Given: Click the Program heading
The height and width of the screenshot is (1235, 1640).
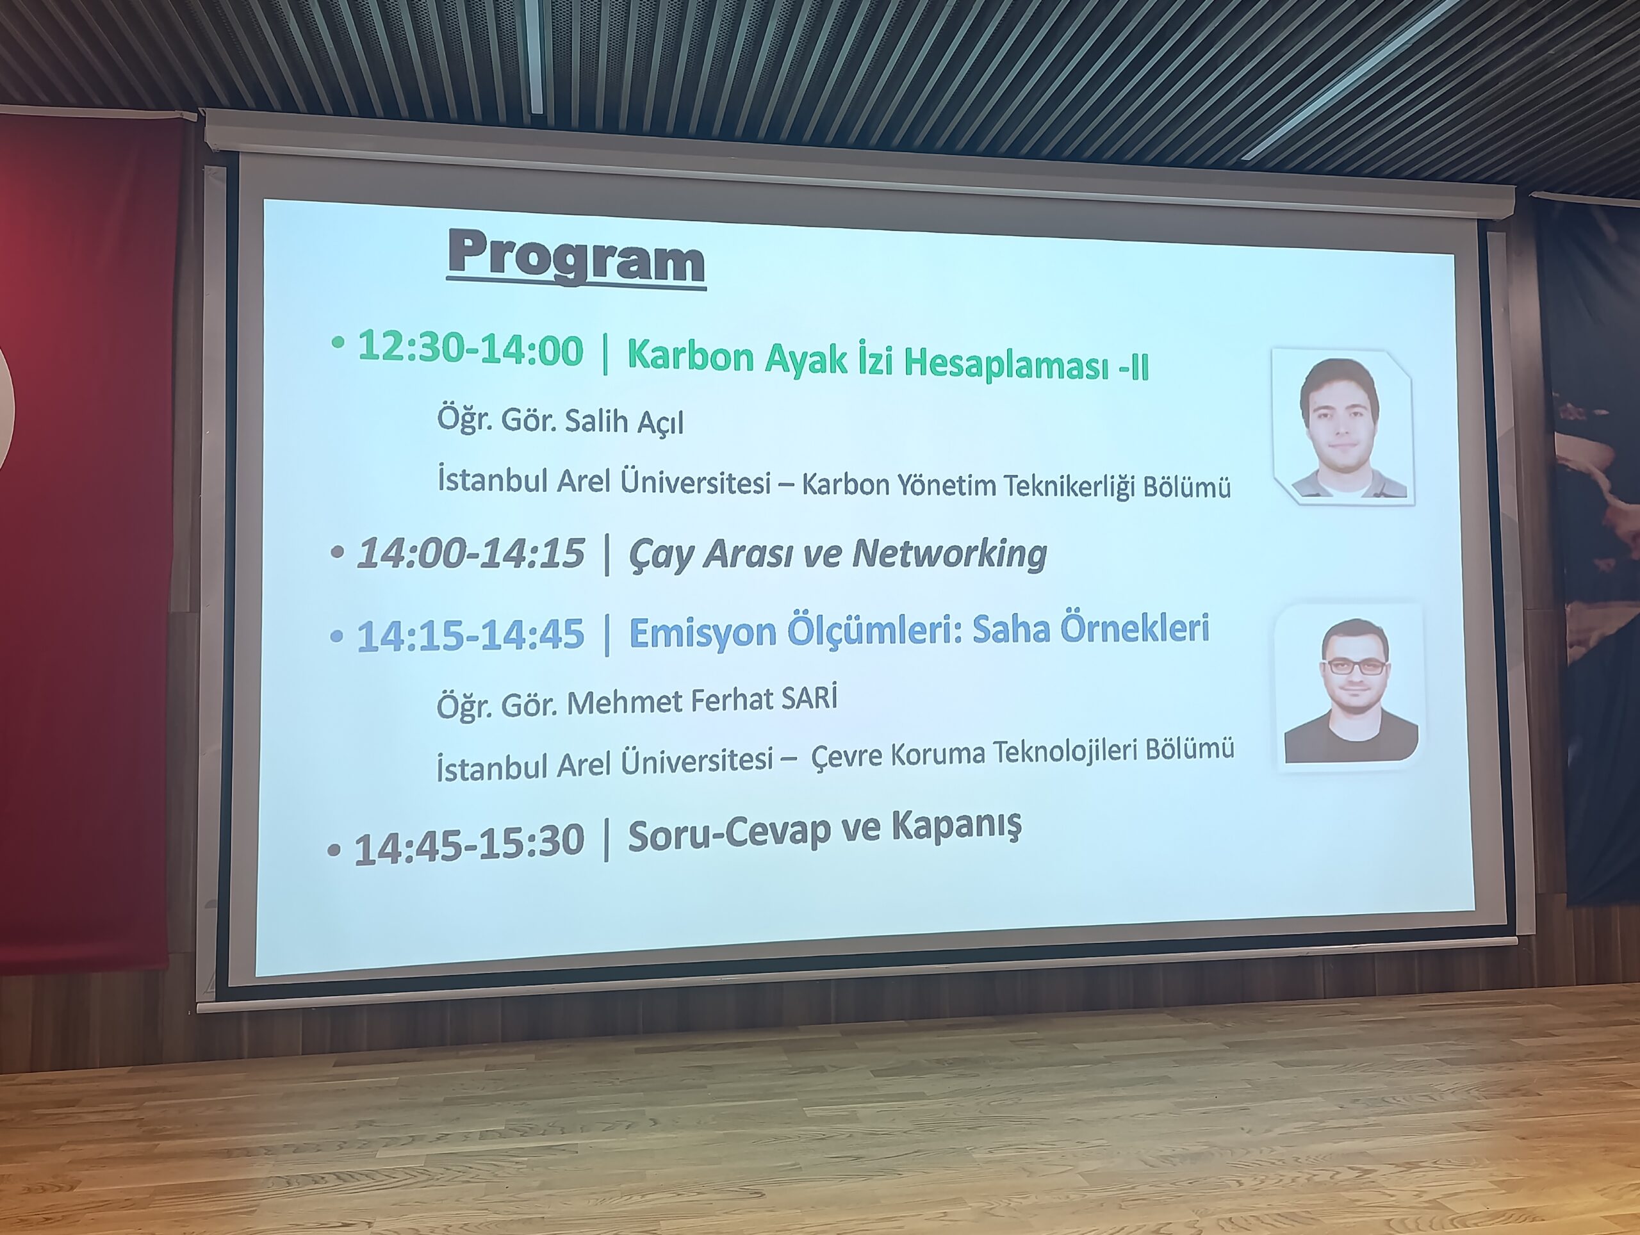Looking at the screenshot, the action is [576, 258].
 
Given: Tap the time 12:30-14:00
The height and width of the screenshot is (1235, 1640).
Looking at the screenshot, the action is [471, 348].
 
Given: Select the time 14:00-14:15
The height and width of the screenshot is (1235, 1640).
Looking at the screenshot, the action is [471, 553].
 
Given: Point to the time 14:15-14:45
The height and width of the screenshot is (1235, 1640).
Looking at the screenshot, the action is [471, 636].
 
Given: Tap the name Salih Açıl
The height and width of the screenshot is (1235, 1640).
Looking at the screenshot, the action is [623, 421].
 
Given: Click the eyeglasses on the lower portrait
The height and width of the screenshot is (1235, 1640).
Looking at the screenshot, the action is [1353, 666].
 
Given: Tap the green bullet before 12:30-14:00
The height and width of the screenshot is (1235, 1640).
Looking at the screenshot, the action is [338, 341].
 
